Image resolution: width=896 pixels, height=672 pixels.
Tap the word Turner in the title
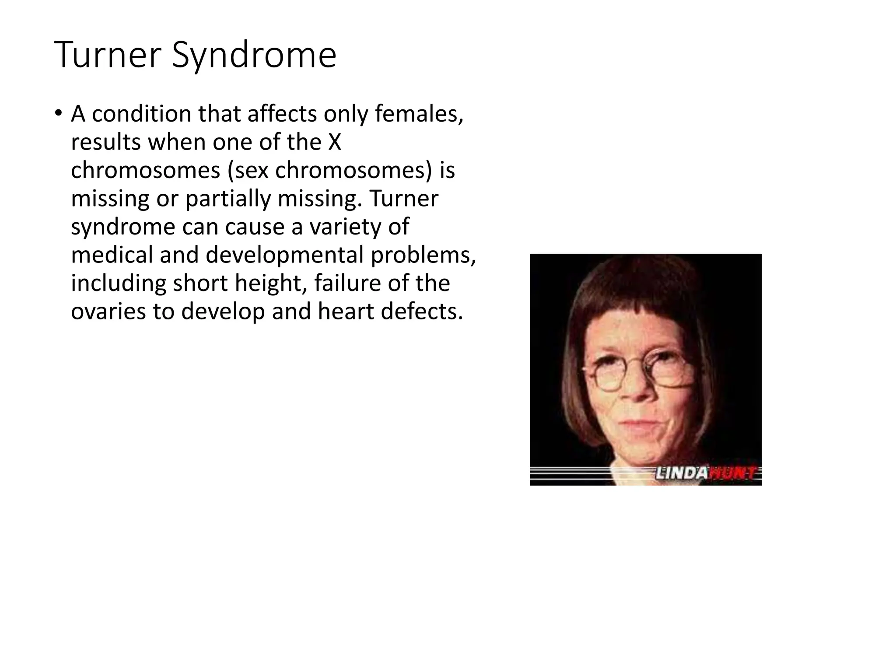[108, 55]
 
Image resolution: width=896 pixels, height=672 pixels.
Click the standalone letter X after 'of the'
[334, 142]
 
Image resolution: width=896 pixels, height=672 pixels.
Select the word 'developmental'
[285, 255]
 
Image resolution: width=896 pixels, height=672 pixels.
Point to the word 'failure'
[348, 283]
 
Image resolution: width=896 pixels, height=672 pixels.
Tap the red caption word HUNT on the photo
[733, 473]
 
